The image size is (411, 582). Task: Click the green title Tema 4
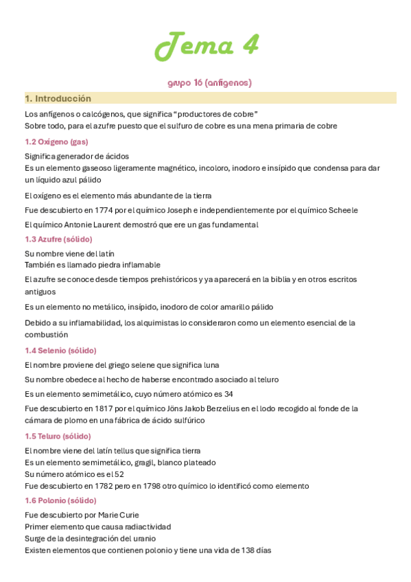[x=207, y=46]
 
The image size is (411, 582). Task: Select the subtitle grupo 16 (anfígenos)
[x=209, y=83]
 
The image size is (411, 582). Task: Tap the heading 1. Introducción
[x=58, y=98]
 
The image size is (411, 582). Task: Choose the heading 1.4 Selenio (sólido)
[x=60, y=350]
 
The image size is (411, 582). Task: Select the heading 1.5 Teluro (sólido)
[x=58, y=436]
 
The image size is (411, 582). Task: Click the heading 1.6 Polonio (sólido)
[x=60, y=500]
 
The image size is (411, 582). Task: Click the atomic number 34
[x=228, y=393]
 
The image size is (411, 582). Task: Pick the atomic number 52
[x=119, y=474]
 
